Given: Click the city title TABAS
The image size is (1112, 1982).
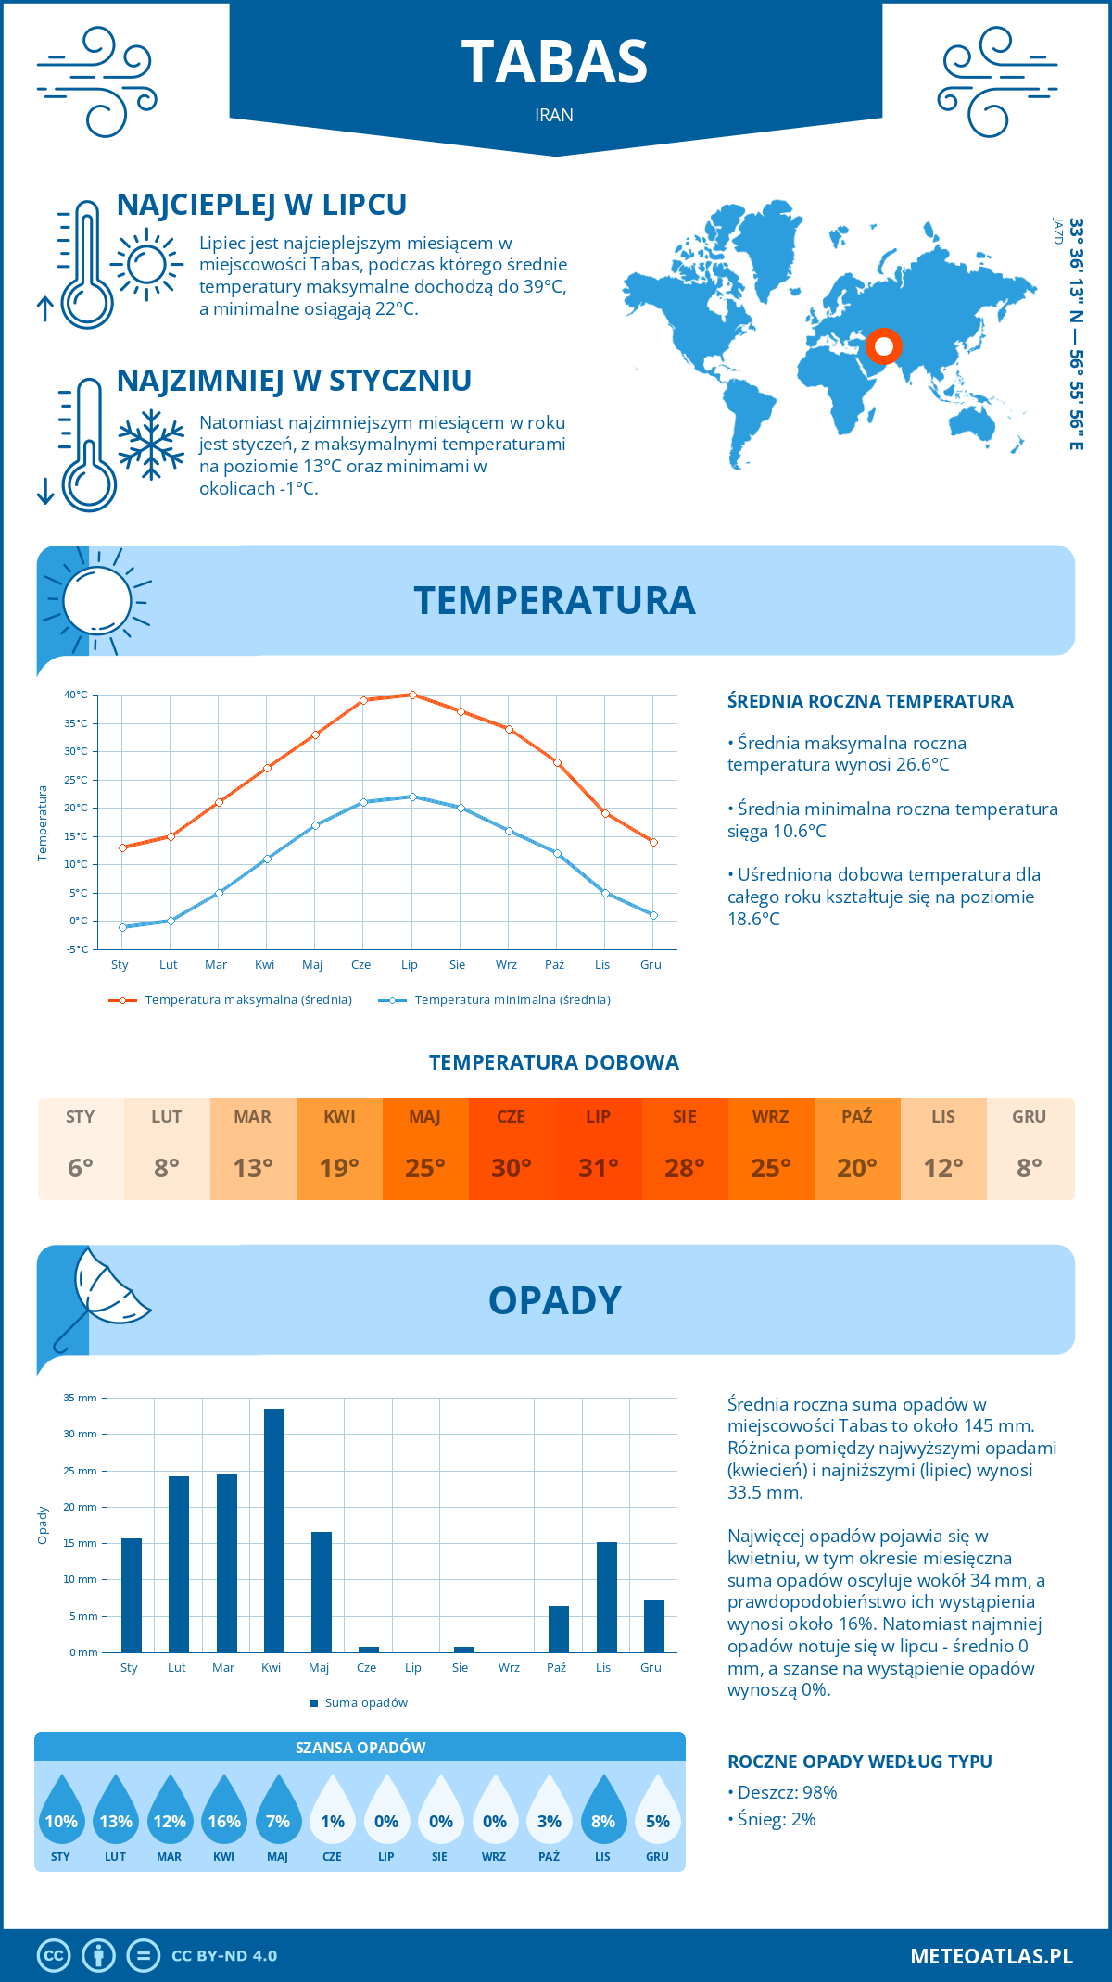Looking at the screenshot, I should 554,63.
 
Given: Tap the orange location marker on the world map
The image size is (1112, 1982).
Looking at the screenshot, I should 883,346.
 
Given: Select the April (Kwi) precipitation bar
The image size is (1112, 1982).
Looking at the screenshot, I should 273,1530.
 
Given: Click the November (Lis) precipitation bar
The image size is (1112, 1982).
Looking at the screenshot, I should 607,1597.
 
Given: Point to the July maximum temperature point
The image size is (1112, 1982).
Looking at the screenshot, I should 412,695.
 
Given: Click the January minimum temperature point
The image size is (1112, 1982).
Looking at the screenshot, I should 122,927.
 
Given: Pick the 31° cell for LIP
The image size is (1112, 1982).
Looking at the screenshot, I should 598,1167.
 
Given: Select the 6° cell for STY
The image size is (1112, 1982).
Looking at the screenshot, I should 81,1167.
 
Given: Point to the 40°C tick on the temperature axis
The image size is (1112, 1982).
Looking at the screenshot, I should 76,695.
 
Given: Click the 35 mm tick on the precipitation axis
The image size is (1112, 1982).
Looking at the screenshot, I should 81,1398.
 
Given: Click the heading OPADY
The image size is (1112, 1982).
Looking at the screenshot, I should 554,1300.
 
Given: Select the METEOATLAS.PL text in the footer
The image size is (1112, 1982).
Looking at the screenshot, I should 991,1955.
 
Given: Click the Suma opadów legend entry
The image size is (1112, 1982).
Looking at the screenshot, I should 365,1702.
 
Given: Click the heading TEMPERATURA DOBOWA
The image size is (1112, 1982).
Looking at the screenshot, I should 554,1062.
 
